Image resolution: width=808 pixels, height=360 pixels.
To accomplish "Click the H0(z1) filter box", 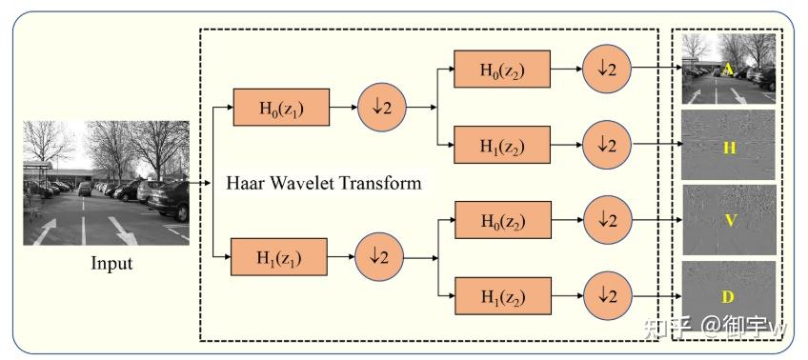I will pyautogui.click(x=281, y=107).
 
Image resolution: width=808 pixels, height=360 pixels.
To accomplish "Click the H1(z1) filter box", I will pyautogui.click(x=280, y=257).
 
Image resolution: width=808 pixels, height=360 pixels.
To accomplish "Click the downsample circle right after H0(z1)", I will pyautogui.click(x=380, y=107).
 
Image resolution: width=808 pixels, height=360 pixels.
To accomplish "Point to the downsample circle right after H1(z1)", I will pyautogui.click(x=379, y=257).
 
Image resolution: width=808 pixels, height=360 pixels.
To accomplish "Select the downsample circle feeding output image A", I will pyautogui.click(x=607, y=70).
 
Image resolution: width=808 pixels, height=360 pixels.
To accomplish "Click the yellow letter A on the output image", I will pyautogui.click(x=727, y=69).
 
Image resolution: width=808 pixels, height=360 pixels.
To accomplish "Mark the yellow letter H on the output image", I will pyautogui.click(x=729, y=148).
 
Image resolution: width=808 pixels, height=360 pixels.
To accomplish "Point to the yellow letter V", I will pyautogui.click(x=729, y=220).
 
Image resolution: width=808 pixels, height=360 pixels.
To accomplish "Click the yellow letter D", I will pyautogui.click(x=727, y=298).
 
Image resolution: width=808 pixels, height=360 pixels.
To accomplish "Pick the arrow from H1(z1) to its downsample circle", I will pyautogui.click(x=340, y=257).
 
